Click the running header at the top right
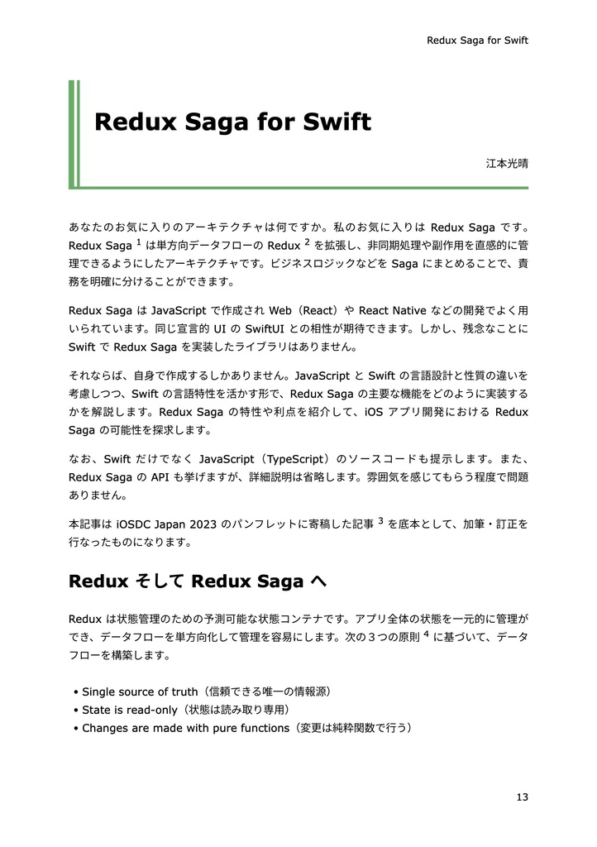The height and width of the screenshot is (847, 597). pyautogui.click(x=476, y=40)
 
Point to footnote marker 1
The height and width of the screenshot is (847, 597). pyautogui.click(x=139, y=242)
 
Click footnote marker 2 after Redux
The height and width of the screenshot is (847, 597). pyautogui.click(x=307, y=242)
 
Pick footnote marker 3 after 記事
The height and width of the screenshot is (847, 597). pyautogui.click(x=380, y=520)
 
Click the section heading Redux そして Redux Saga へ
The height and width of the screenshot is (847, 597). pyautogui.click(x=198, y=581)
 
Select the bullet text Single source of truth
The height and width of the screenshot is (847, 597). pyautogui.click(x=140, y=691)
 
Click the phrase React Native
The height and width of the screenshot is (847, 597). pyautogui.click(x=393, y=310)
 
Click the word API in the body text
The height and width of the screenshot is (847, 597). pyautogui.click(x=160, y=478)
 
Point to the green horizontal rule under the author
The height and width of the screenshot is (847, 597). pyautogui.click(x=298, y=188)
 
